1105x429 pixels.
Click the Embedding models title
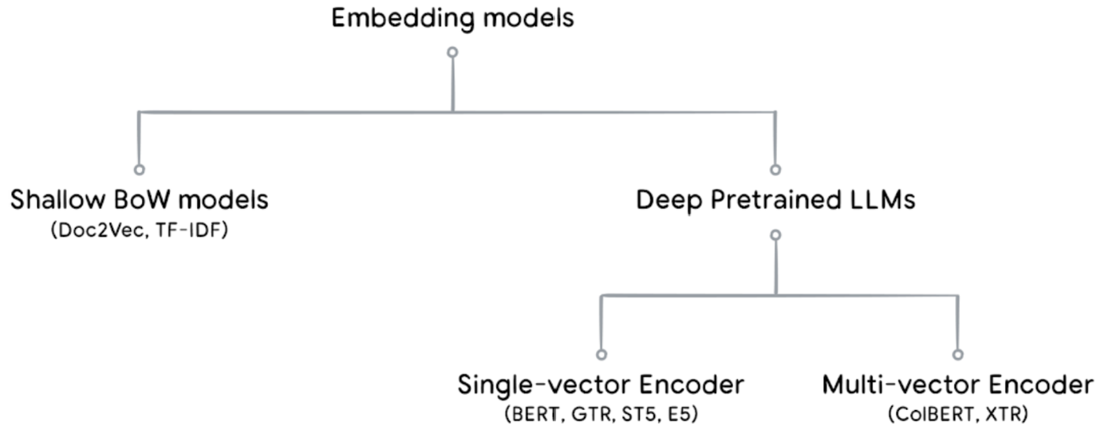(x=452, y=18)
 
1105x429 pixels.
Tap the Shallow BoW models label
(x=140, y=200)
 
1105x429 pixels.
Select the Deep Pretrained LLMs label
(x=776, y=200)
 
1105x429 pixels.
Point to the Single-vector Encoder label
(x=601, y=385)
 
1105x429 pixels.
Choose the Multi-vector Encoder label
(x=958, y=385)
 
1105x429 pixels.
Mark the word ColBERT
(x=932, y=414)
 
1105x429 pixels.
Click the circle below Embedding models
(x=452, y=52)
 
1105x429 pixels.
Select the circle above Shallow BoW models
(x=140, y=169)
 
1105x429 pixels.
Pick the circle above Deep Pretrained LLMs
(x=776, y=169)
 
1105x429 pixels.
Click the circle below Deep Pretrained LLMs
(x=776, y=234)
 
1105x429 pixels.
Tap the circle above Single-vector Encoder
(x=601, y=354)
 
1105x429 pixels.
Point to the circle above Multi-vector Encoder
(x=958, y=354)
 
